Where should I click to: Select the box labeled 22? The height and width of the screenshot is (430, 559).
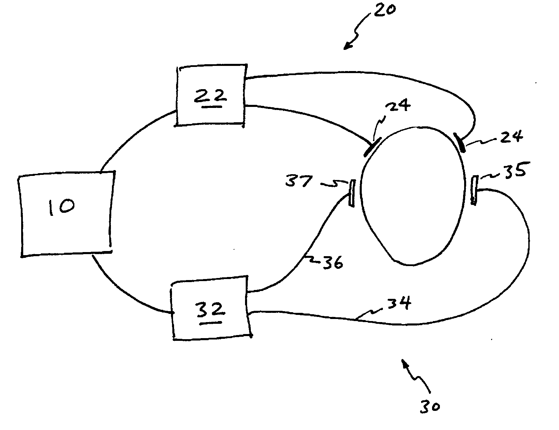click(x=211, y=96)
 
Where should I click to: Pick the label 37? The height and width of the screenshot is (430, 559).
click(x=299, y=181)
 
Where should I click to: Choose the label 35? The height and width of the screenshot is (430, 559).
click(x=514, y=170)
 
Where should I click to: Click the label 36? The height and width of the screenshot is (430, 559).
click(x=333, y=262)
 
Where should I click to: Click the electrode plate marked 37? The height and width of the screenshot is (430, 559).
click(x=352, y=193)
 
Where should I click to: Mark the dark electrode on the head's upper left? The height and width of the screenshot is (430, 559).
click(x=372, y=147)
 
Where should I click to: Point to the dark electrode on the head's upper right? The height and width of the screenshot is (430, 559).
click(x=459, y=142)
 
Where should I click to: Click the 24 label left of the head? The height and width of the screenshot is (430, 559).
click(x=398, y=105)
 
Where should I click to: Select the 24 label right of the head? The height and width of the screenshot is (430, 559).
click(x=512, y=136)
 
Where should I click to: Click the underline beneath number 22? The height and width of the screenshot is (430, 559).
click(x=212, y=106)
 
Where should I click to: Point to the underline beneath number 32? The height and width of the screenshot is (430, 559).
click(x=211, y=323)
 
